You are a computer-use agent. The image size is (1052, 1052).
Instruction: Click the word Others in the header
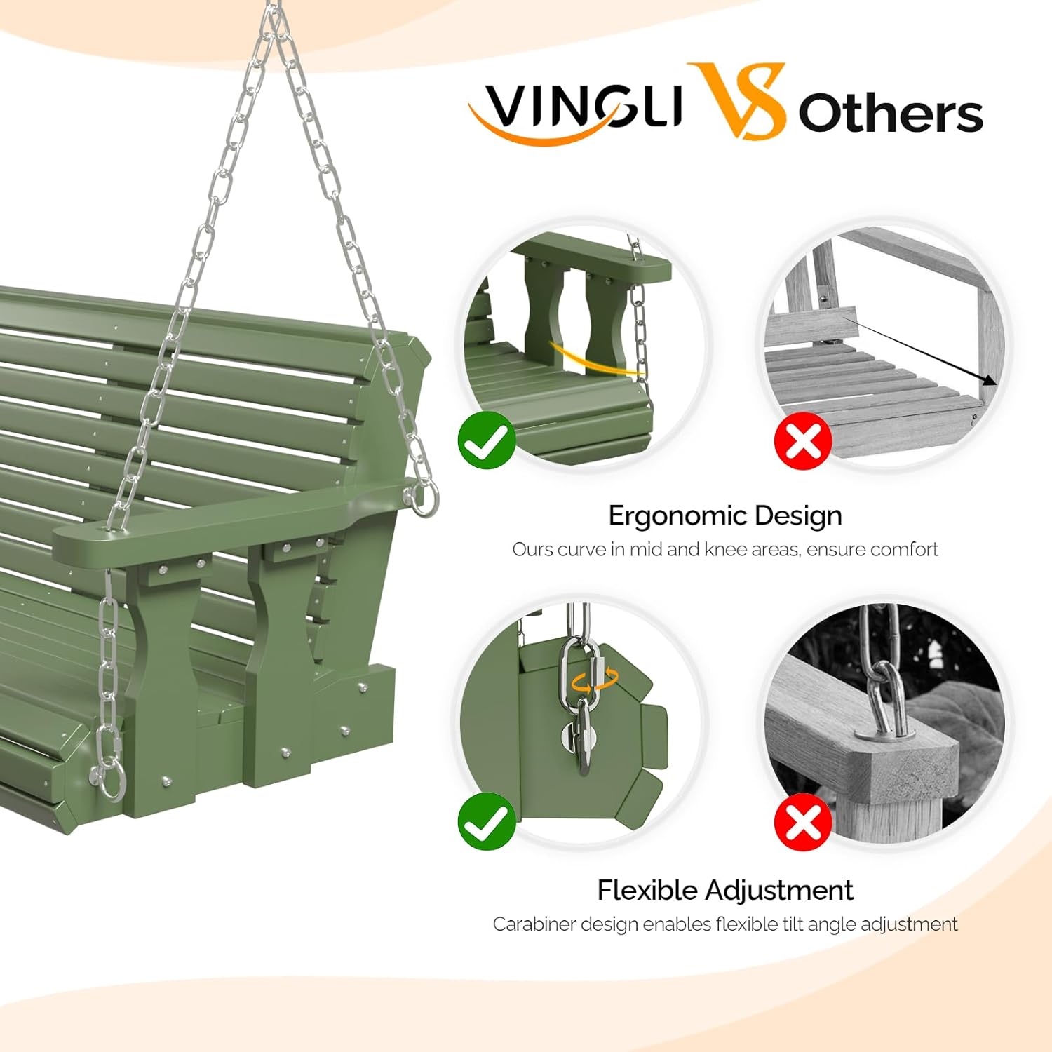point(890,114)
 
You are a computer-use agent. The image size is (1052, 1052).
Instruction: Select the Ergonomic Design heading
point(724,515)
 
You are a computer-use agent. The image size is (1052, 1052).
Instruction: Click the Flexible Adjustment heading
point(724,890)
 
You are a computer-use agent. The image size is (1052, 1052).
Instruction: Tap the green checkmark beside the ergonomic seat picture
point(487,440)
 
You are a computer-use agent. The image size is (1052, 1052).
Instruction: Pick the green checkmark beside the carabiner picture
point(487,821)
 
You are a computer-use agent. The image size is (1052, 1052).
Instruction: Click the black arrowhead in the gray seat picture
point(989,380)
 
